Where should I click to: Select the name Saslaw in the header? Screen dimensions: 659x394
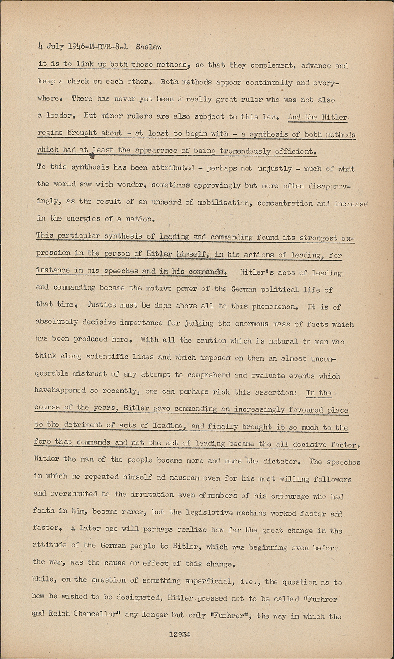click(149, 46)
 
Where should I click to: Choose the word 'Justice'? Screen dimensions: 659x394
click(102, 304)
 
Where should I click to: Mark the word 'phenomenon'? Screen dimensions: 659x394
click(268, 306)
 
